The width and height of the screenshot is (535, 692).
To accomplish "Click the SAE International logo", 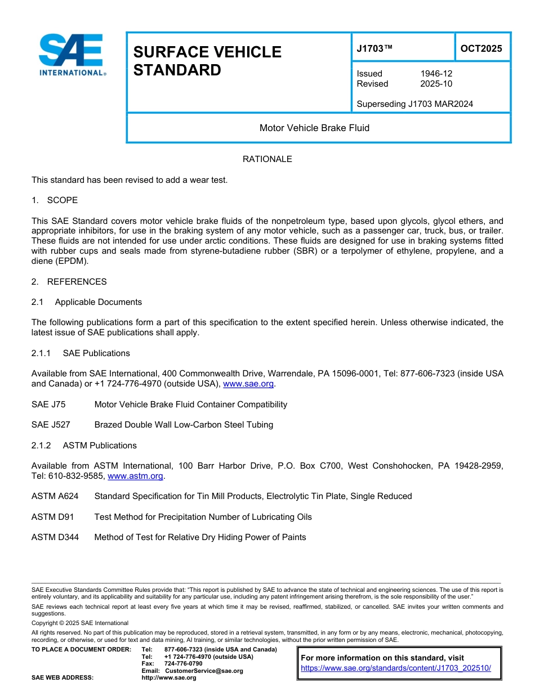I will [x=72, y=55].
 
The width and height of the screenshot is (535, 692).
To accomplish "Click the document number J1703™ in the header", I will [x=374, y=49].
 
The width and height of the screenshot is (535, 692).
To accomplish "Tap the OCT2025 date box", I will [x=481, y=48].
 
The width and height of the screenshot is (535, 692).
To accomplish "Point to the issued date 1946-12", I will [x=436, y=74].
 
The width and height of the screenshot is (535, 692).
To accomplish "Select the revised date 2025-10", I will [x=436, y=84].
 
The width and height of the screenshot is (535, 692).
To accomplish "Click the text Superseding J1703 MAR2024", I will [x=414, y=104].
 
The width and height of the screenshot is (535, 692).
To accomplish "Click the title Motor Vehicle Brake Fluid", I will [x=314, y=128].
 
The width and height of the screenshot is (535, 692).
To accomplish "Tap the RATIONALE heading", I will [x=267, y=159].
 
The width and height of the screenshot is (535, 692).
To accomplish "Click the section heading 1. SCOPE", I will [x=55, y=200].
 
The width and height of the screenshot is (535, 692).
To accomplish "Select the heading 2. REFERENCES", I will [x=69, y=282].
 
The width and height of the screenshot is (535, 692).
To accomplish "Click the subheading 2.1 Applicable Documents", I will [x=87, y=302].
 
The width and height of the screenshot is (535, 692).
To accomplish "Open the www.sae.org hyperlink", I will [x=248, y=384].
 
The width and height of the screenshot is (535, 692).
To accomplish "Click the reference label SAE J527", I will [x=51, y=425].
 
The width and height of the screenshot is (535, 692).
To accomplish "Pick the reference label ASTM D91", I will [x=53, y=517].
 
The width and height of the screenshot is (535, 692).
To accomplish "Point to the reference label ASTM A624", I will [x=55, y=496].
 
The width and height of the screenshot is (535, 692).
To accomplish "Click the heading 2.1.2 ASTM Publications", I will [x=84, y=446].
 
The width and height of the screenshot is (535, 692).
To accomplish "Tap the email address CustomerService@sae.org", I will [x=204, y=671].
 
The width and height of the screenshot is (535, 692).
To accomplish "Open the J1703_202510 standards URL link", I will [x=396, y=668].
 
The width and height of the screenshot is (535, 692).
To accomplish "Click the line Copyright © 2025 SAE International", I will [x=80, y=623].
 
